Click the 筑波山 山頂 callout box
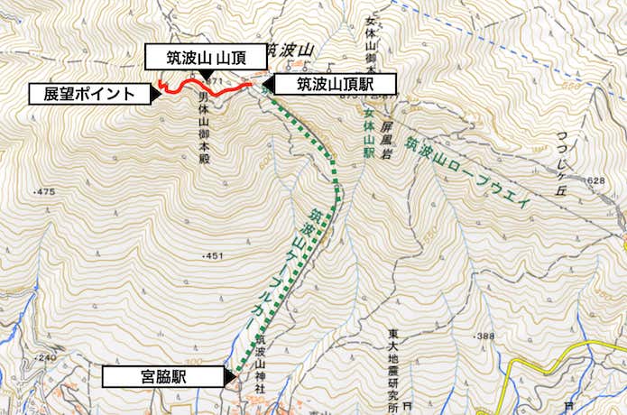(206, 56)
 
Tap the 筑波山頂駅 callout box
(334, 85)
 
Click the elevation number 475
(45, 192)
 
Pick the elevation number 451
(213, 256)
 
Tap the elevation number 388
(486, 337)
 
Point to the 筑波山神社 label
(261, 361)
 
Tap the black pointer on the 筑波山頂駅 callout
(266, 86)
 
